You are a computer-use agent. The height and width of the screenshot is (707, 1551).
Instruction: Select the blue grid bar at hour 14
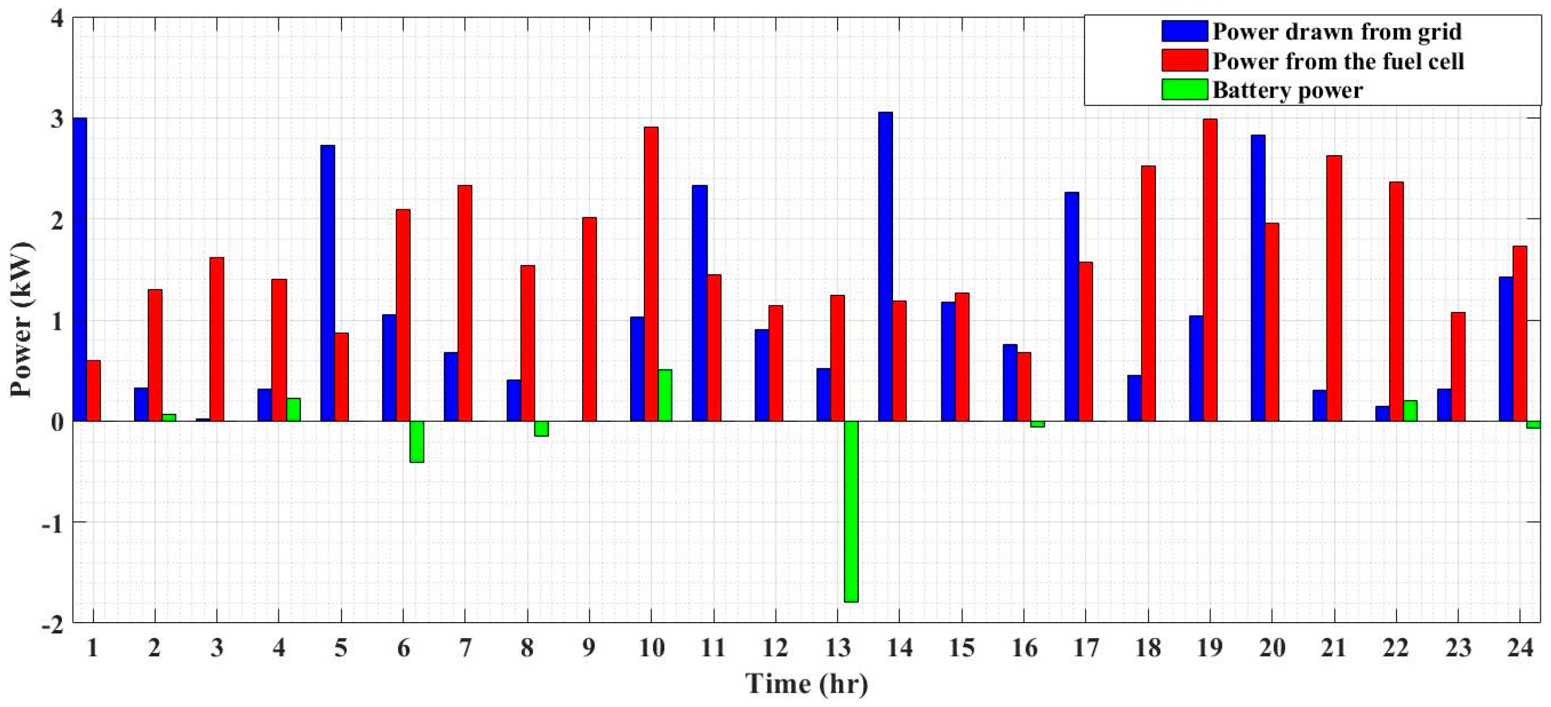[x=885, y=266]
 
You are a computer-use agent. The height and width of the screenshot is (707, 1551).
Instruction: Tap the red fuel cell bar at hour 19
[x=1209, y=270]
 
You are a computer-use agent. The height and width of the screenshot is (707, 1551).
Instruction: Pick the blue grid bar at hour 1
[x=80, y=269]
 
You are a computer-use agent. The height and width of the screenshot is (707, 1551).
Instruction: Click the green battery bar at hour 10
[x=665, y=395]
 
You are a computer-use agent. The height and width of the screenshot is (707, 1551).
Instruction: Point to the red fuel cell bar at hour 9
[x=590, y=319]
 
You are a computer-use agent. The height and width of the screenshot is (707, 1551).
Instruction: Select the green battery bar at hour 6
[x=417, y=441]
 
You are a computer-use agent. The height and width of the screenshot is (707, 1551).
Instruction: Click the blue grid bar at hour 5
[x=327, y=283]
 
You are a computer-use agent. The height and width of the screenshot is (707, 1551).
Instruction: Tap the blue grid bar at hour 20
[x=1258, y=278]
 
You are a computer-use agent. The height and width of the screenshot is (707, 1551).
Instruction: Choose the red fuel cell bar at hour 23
[x=1457, y=366]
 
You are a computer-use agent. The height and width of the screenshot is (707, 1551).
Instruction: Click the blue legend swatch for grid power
[x=1184, y=31]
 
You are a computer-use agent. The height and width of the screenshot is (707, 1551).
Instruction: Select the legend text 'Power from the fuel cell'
[x=1338, y=62]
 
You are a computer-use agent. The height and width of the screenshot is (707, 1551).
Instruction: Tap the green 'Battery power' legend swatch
[x=1184, y=90]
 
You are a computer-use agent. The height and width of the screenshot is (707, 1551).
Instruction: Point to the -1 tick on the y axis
[x=52, y=522]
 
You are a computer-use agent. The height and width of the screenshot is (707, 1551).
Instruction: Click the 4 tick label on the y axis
[x=57, y=19]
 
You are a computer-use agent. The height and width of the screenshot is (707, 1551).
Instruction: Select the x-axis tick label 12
[x=775, y=648]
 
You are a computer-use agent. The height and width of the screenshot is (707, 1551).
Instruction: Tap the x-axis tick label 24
[x=1520, y=648]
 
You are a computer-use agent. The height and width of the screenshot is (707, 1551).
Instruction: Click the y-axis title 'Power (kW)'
[x=22, y=319]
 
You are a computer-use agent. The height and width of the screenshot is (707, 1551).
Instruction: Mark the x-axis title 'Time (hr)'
[x=807, y=684]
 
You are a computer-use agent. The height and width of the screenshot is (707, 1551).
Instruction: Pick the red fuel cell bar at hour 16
[x=1024, y=387]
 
